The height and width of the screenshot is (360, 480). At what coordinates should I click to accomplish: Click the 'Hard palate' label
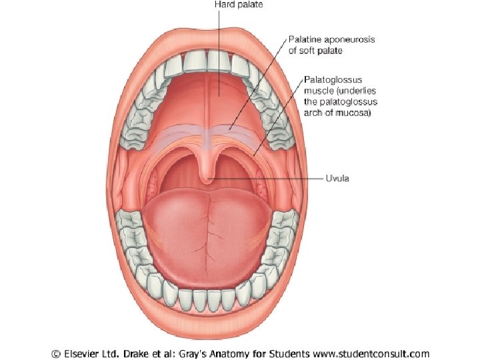click(x=239, y=4)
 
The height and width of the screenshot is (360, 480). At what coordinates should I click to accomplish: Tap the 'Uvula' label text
click(x=337, y=179)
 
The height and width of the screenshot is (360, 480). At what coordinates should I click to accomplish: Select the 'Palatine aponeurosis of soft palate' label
click(x=331, y=45)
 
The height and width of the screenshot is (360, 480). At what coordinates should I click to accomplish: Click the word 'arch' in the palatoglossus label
click(x=315, y=113)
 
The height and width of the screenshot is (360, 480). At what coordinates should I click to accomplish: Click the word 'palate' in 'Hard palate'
click(x=250, y=4)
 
